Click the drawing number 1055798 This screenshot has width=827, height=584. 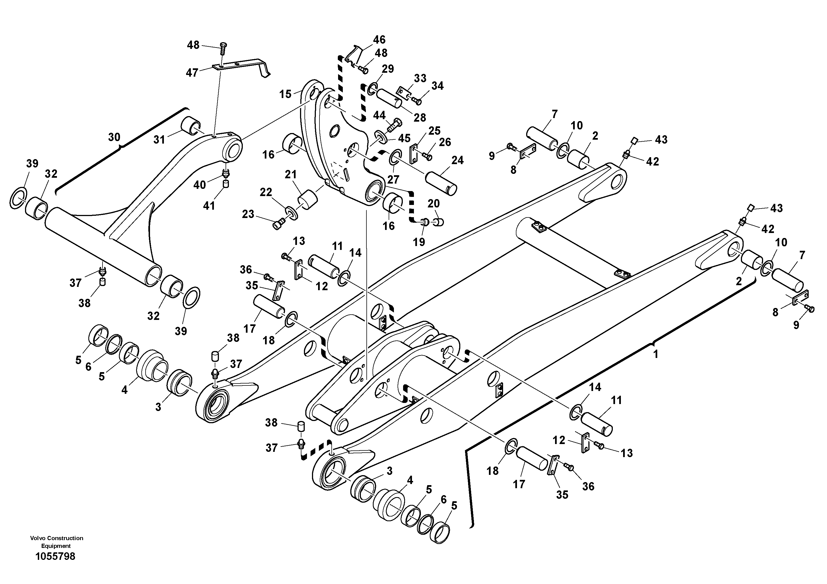pyautogui.click(x=56, y=556)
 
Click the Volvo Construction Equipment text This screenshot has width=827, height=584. pyautogui.click(x=57, y=542)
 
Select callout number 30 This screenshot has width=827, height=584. pyautogui.click(x=114, y=137)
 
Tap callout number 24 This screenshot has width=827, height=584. pyautogui.click(x=458, y=160)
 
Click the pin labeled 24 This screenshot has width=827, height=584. pyautogui.click(x=441, y=183)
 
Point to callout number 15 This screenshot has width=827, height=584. pyautogui.click(x=285, y=94)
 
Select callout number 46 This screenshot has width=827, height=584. pyautogui.click(x=379, y=40)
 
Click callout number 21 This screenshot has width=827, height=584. pyautogui.click(x=291, y=175)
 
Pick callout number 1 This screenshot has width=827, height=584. pyautogui.click(x=656, y=354)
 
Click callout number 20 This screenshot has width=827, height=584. pyautogui.click(x=434, y=204)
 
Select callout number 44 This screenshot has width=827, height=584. pyautogui.click(x=379, y=115)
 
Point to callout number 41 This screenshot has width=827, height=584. pyautogui.click(x=209, y=205)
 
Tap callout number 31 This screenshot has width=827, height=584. pyautogui.click(x=159, y=140)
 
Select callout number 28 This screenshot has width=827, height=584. pyautogui.click(x=420, y=117)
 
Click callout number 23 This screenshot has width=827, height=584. pyautogui.click(x=248, y=214)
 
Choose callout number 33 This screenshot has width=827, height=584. pyautogui.click(x=420, y=78)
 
